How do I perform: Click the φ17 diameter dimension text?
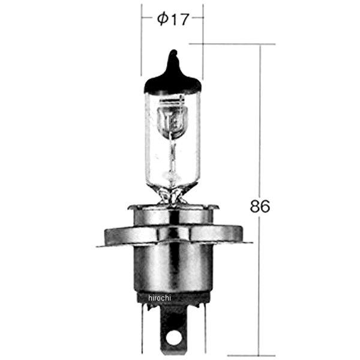click(173, 19)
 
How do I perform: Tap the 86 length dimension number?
click(260, 206)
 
